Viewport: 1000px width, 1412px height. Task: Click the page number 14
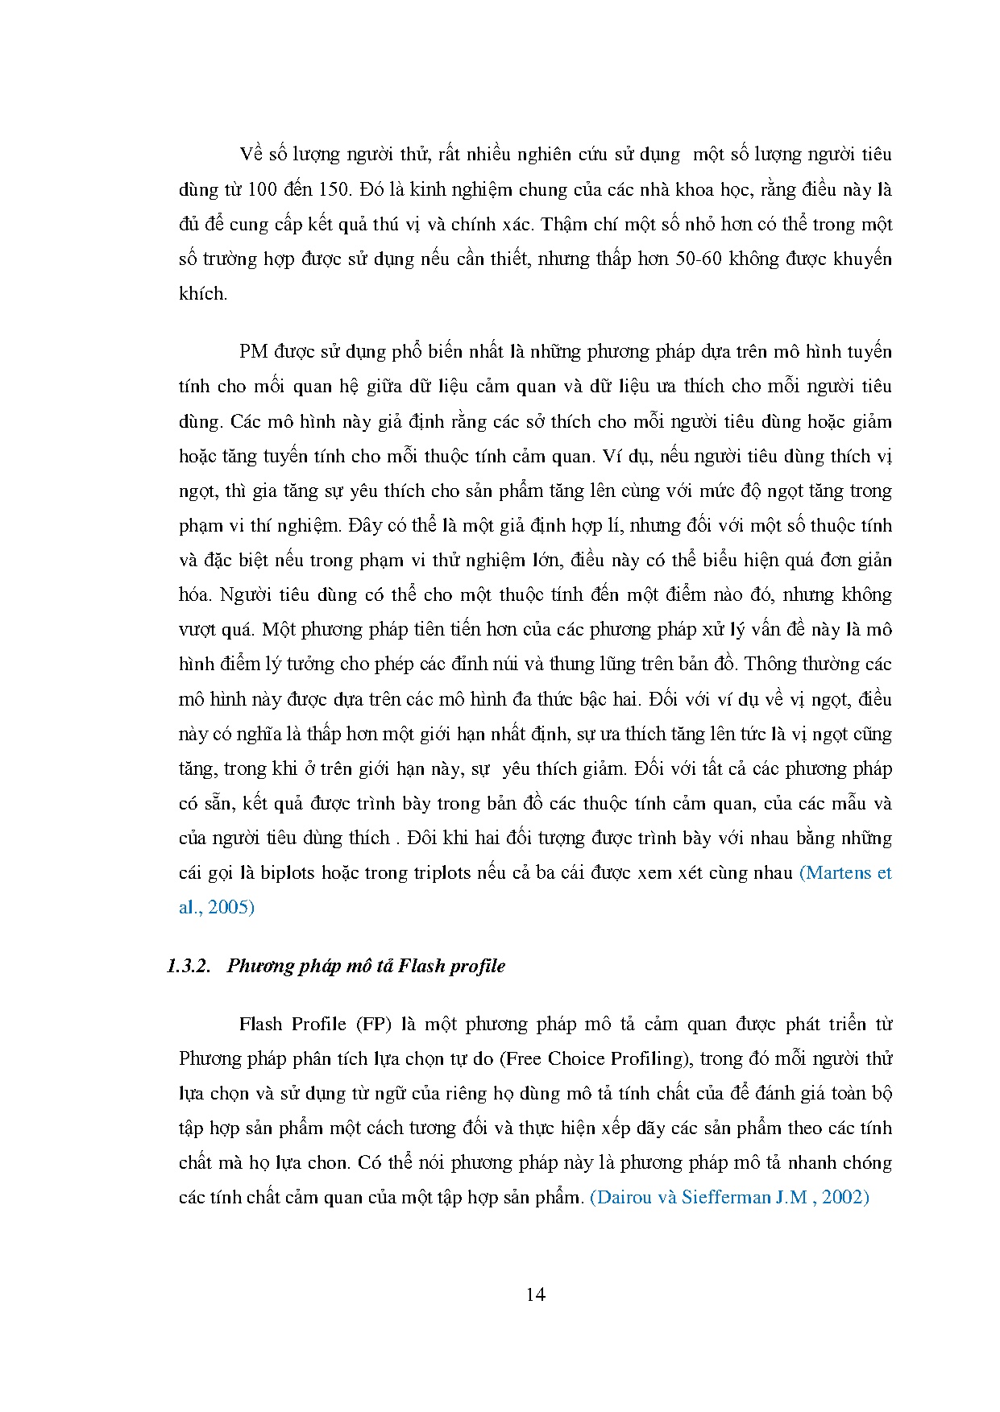[535, 1294]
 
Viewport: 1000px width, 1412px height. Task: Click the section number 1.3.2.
[189, 966]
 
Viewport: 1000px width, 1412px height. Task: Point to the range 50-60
[752, 259]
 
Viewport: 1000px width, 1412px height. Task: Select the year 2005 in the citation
[230, 908]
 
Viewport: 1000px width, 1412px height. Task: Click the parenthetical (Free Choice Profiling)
[599, 1059]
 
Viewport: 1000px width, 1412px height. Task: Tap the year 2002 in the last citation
[845, 1198]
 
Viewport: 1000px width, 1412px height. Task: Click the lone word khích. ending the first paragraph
[203, 294]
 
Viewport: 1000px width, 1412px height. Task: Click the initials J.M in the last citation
[791, 1198]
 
